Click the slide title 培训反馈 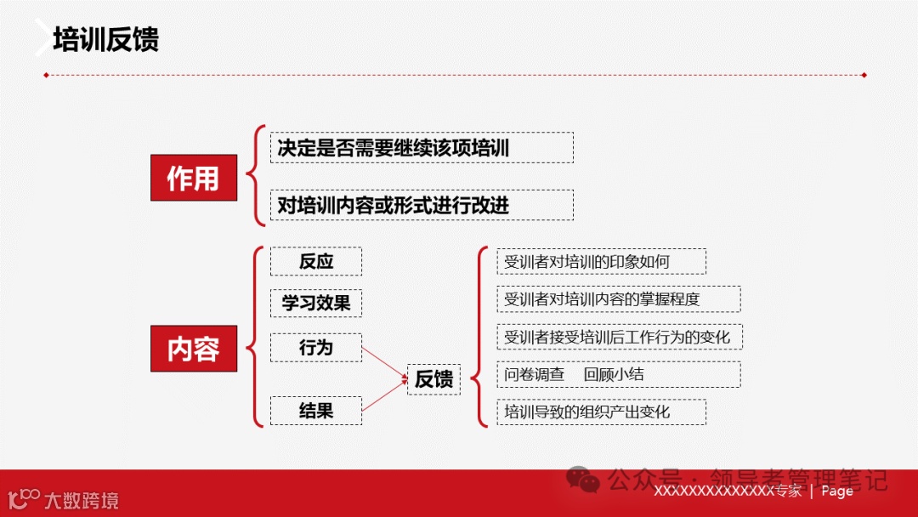(x=105, y=40)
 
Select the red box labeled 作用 (x=193, y=178)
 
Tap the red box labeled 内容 (x=193, y=349)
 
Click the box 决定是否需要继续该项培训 (x=421, y=148)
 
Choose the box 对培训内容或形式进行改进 (x=421, y=205)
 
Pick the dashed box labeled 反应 (x=316, y=261)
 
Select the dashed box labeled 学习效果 (x=316, y=303)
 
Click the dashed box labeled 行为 (x=316, y=347)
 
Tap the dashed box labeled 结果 (x=316, y=411)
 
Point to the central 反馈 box (x=433, y=379)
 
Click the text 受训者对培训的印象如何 (x=586, y=262)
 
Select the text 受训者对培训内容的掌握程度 (x=602, y=299)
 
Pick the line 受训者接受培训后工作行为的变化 (x=617, y=337)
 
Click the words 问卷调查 (x=534, y=374)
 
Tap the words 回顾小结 (x=614, y=374)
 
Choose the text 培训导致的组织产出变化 (x=586, y=412)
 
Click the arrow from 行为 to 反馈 (x=383, y=360)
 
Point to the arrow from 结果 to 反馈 (x=383, y=397)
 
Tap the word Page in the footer (x=837, y=491)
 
